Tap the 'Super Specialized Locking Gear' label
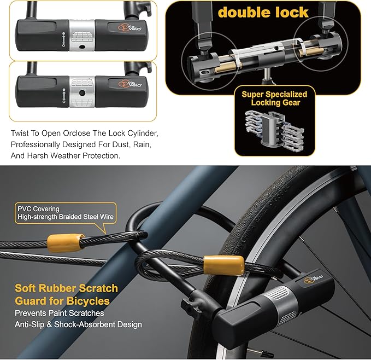click(275, 98)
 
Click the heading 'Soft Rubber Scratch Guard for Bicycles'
click(66, 294)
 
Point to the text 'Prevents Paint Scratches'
click(59, 313)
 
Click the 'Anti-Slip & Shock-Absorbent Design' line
click(78, 324)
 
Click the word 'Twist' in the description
click(20, 133)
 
